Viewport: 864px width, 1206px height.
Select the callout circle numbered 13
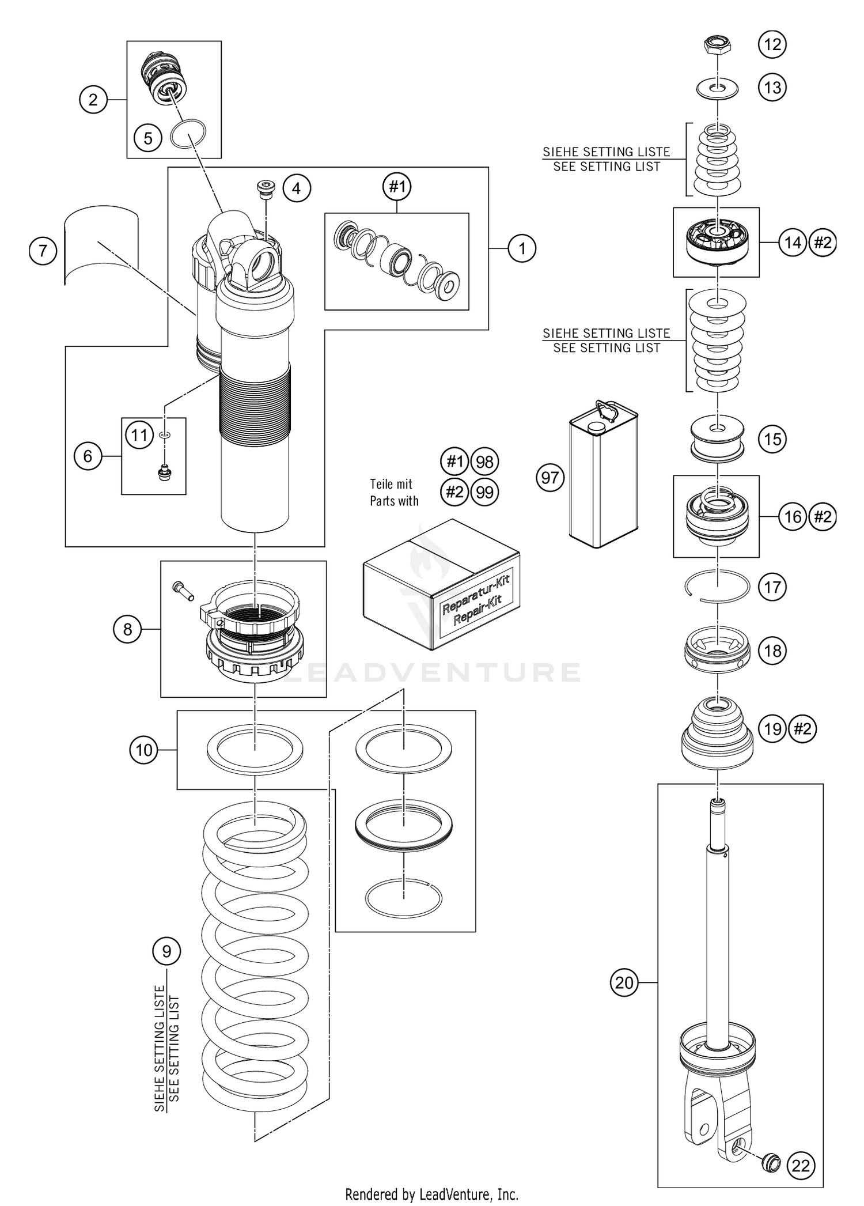click(x=772, y=88)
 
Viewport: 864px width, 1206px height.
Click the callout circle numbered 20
click(x=624, y=982)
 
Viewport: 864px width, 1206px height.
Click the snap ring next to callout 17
click(x=718, y=587)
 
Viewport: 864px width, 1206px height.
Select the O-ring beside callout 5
click(x=188, y=134)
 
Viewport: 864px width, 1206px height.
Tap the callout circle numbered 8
click(x=127, y=629)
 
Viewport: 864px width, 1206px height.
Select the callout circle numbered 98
click(x=485, y=462)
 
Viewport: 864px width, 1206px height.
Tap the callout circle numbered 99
click(x=485, y=493)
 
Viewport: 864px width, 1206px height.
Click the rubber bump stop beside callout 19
click(x=718, y=734)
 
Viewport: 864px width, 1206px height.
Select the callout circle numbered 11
click(x=139, y=435)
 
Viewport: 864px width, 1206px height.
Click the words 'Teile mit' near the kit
click(x=391, y=485)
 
